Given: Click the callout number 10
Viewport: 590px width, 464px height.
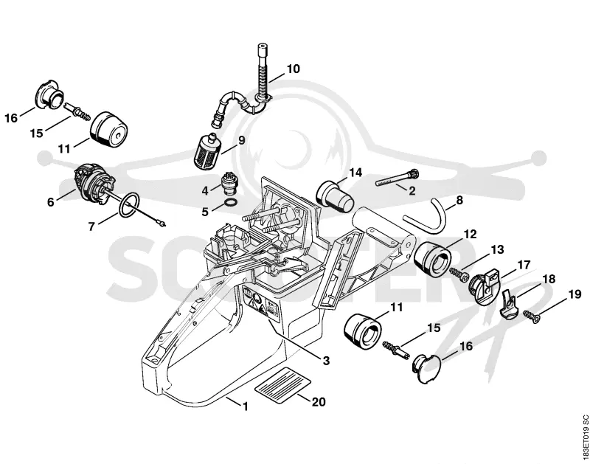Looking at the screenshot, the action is (x=294, y=69).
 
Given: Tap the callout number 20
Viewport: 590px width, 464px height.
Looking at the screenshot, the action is (x=319, y=402).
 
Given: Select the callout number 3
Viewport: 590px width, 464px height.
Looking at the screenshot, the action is (x=326, y=361).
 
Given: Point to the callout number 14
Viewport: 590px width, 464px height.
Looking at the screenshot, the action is (x=355, y=173).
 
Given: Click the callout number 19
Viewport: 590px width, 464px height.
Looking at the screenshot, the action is (x=575, y=294).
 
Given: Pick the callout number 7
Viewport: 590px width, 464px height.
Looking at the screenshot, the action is (x=91, y=226).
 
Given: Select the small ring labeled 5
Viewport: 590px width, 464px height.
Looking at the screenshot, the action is (x=231, y=204).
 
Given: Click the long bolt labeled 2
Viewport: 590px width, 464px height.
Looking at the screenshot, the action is (x=397, y=178).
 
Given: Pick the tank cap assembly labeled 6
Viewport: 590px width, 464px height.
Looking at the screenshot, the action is (x=94, y=184).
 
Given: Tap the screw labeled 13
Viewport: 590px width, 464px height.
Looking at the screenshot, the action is (x=459, y=274).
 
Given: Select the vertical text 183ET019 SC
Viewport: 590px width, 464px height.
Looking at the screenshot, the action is (x=585, y=437).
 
